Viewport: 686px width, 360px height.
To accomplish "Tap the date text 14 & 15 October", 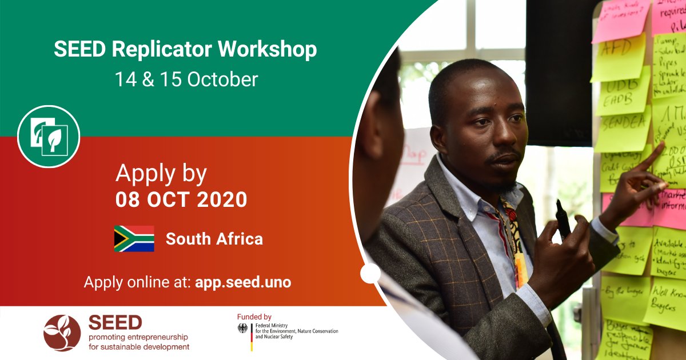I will tap(186, 79).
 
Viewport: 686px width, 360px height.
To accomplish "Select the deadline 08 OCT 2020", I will tap(181, 199).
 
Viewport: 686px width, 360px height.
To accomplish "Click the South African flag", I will tap(134, 239).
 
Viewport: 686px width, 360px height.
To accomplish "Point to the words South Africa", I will tap(214, 239).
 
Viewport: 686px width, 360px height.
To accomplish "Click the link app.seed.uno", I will tap(243, 282).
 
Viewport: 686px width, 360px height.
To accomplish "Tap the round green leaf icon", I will tap(49, 136).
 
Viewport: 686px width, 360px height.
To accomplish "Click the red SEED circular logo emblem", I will tap(62, 333).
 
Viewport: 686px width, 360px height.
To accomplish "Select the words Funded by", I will tap(254, 317).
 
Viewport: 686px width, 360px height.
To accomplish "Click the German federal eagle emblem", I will tap(243, 329).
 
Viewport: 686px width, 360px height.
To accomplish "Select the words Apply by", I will tap(161, 174).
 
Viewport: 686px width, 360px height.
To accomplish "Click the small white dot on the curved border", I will tap(370, 273).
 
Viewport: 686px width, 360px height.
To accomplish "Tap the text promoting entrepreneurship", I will tap(138, 337).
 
